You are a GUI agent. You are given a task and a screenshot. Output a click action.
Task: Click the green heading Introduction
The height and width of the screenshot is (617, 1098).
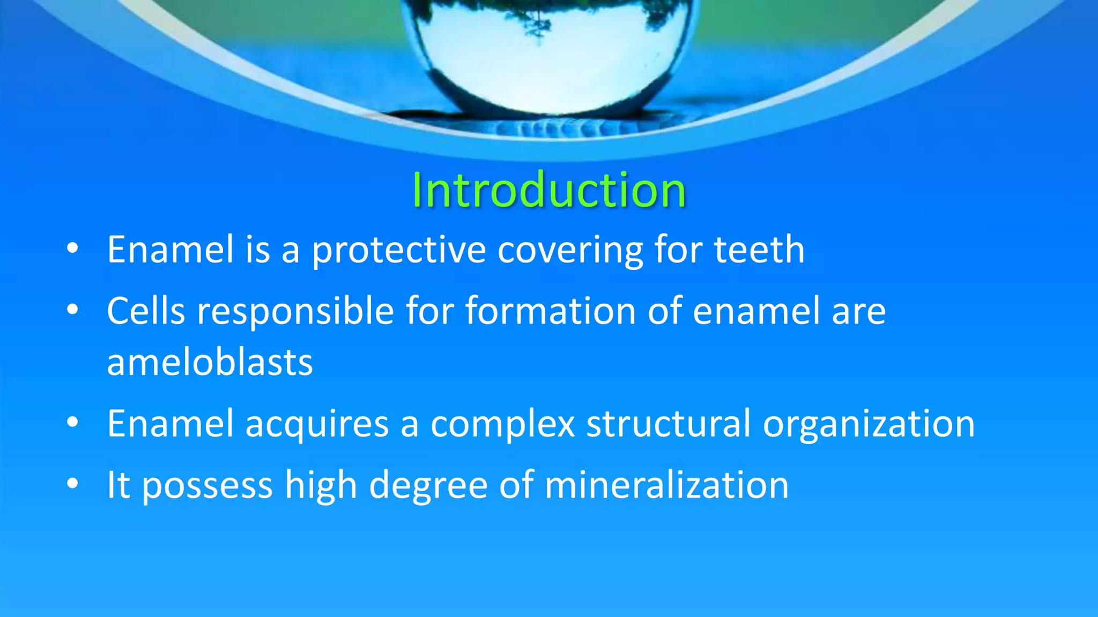pyautogui.click(x=548, y=190)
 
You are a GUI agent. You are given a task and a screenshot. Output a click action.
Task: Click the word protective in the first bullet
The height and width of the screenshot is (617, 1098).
pyautogui.click(x=399, y=250)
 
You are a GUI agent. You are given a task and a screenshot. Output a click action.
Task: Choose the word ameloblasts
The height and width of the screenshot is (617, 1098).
pyautogui.click(x=210, y=363)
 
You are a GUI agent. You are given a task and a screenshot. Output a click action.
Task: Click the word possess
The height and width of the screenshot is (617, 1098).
pyautogui.click(x=207, y=486)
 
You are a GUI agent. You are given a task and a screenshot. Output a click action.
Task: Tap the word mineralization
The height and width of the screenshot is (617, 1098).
pyautogui.click(x=666, y=485)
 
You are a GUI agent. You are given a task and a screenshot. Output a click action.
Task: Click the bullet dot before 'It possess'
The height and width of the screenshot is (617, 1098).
pyautogui.click(x=73, y=484)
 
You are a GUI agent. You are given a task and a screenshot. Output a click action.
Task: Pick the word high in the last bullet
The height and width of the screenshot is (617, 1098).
pyautogui.click(x=321, y=486)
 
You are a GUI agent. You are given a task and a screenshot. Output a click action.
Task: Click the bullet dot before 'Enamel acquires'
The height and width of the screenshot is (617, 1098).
pyautogui.click(x=73, y=423)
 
